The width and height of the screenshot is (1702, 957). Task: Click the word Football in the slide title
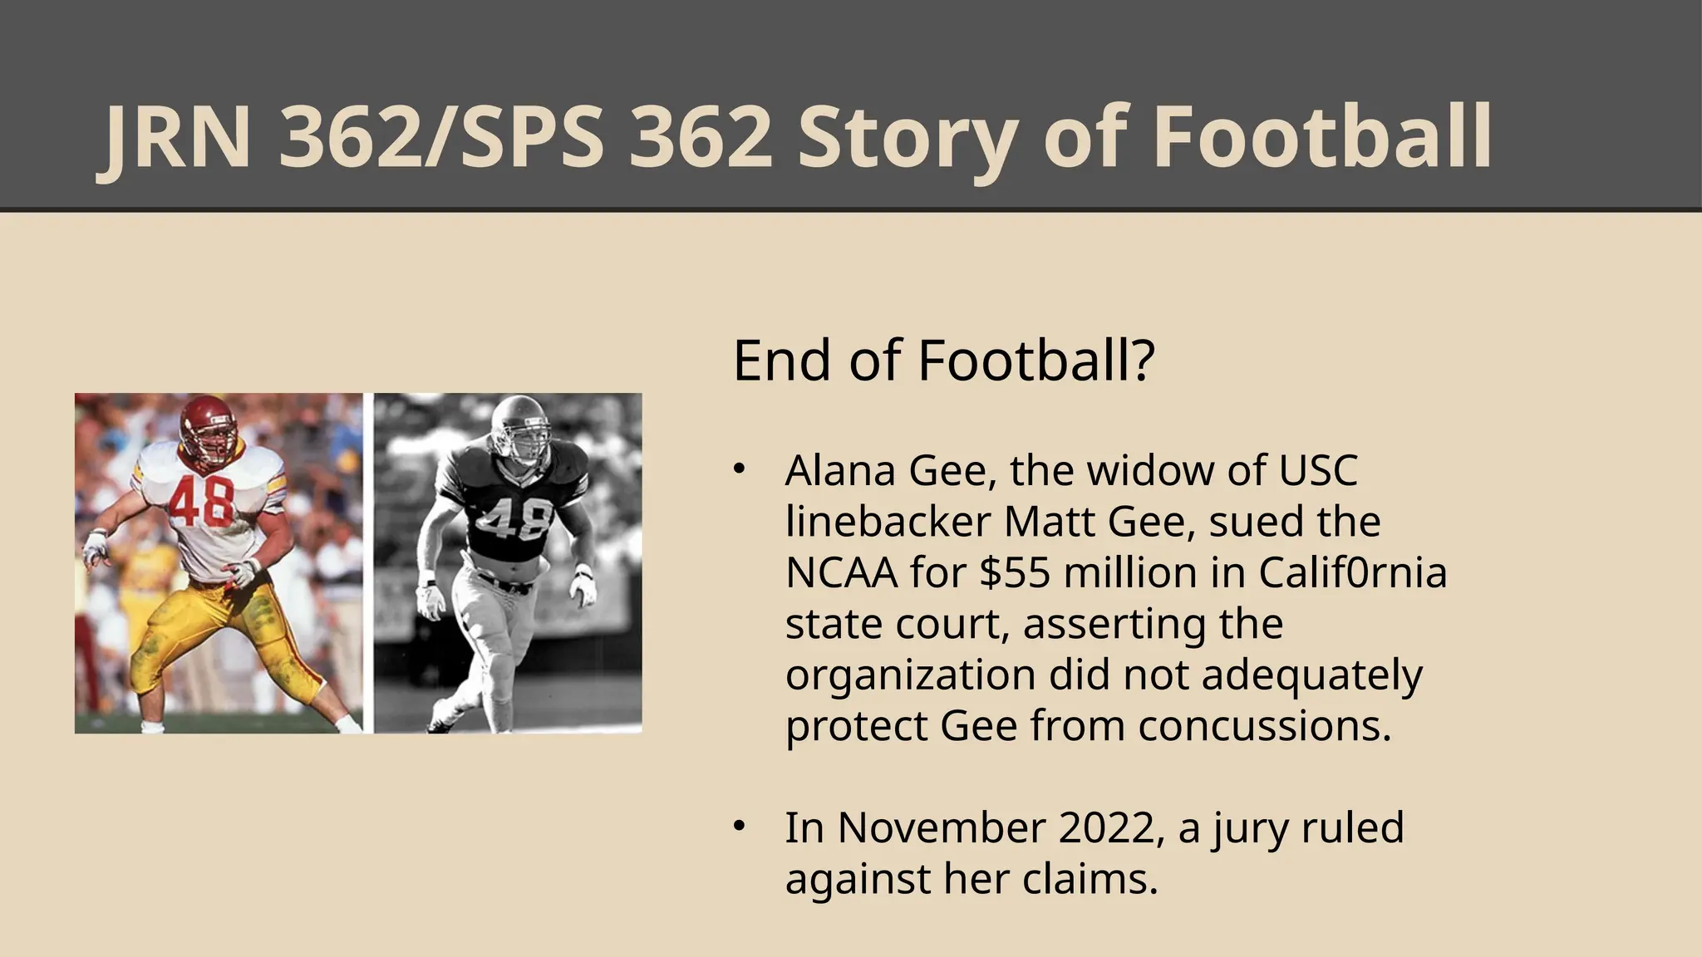[1322, 138]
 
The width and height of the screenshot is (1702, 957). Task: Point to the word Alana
[840, 470]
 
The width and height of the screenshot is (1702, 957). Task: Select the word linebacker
[888, 522]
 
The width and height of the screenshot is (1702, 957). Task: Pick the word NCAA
[841, 572]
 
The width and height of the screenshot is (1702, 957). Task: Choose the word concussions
[1264, 726]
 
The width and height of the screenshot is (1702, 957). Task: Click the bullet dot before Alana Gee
[738, 470]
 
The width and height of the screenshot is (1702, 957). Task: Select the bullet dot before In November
[738, 827]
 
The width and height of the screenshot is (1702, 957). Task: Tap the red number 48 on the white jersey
[201, 502]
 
